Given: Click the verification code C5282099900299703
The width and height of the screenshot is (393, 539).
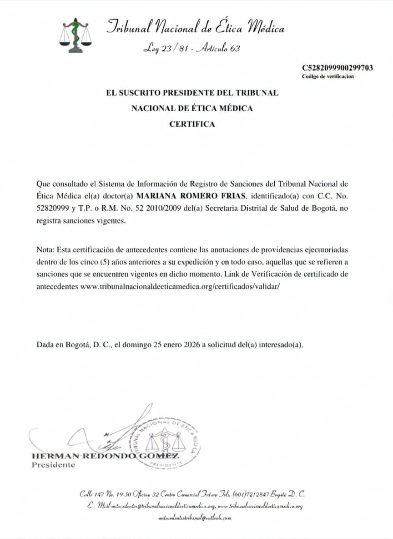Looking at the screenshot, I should pos(338,68).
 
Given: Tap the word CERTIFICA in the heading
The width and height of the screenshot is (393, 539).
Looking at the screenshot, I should pos(192,124).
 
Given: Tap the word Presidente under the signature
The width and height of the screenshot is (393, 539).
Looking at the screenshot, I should pos(53,465).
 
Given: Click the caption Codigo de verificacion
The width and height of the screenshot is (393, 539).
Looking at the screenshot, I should pos(327,76).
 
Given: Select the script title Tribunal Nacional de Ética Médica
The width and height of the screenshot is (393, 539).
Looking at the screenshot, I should pos(195,28).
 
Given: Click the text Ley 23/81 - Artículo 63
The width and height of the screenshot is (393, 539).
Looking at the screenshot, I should pos(191,48).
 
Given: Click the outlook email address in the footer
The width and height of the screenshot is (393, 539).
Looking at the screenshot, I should pos(195,518).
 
